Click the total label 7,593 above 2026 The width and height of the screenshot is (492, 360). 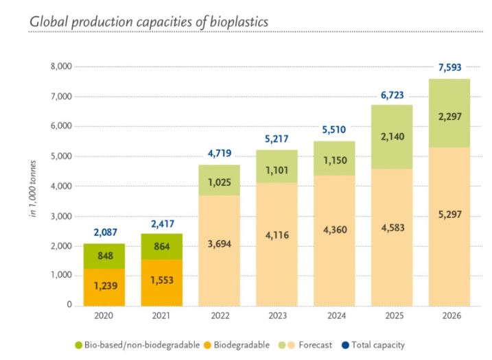point(449,67)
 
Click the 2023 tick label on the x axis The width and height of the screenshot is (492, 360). point(277,316)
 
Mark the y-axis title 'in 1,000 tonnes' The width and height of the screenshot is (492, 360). point(32,186)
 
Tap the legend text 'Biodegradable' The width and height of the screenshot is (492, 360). point(242,344)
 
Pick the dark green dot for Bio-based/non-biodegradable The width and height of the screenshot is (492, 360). point(79,344)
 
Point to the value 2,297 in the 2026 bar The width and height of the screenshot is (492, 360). point(449,117)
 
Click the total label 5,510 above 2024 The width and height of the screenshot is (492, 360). point(335,129)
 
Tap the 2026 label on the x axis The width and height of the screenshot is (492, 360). point(449,316)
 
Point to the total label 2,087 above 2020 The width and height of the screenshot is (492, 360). point(104,232)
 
